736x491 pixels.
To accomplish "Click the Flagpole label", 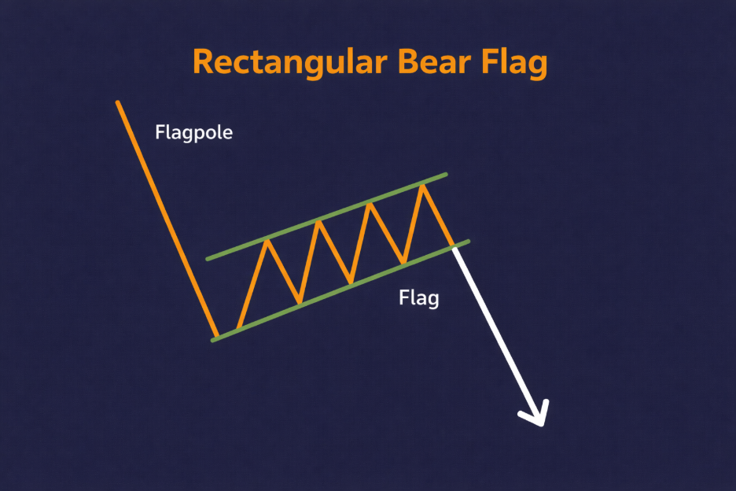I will point(194,132).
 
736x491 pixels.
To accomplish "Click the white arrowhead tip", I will point(542,425).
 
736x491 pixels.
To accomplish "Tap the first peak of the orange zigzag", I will point(268,239).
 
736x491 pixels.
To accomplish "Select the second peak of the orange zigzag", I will point(318,221).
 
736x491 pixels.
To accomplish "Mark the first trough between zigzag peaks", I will point(299,302).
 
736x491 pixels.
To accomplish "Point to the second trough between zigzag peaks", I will point(351,282).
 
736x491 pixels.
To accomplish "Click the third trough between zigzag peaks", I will point(403,262).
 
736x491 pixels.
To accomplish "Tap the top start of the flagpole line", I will point(117,102).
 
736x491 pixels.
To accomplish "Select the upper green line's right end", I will point(447,174).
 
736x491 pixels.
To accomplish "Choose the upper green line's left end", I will point(208,258).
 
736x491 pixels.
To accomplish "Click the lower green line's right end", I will point(469,242).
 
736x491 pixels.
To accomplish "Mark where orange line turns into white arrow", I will point(455,247).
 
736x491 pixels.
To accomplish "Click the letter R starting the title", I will point(203,63).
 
